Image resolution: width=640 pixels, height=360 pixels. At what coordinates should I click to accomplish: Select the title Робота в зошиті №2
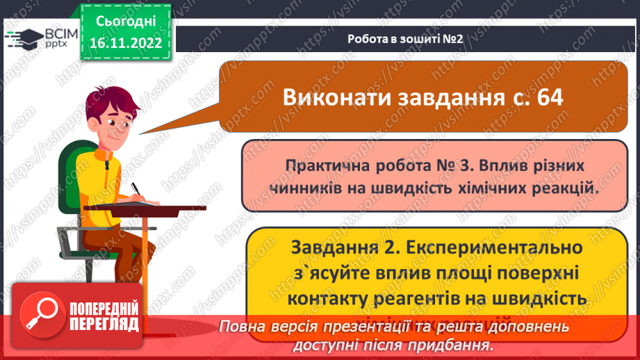tap(405, 38)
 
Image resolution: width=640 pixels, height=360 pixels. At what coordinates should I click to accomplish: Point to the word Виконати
tap(330, 97)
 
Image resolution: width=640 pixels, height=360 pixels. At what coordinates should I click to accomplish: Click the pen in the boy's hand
tap(137, 189)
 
